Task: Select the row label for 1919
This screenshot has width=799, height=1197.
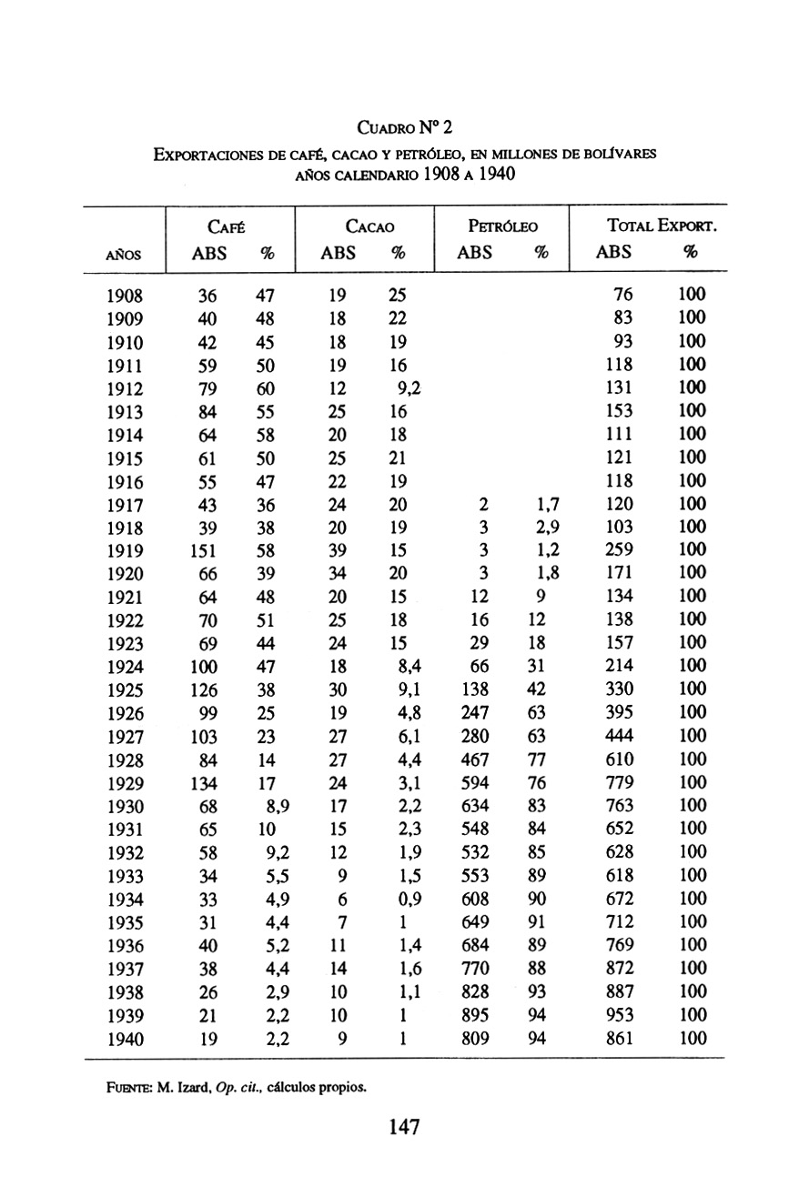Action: (x=125, y=550)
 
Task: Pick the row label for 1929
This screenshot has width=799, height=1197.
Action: (x=125, y=783)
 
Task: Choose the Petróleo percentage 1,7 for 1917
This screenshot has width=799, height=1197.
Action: (x=547, y=504)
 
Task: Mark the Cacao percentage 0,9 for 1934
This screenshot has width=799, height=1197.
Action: (x=402, y=900)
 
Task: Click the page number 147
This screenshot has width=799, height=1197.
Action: (x=402, y=1128)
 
